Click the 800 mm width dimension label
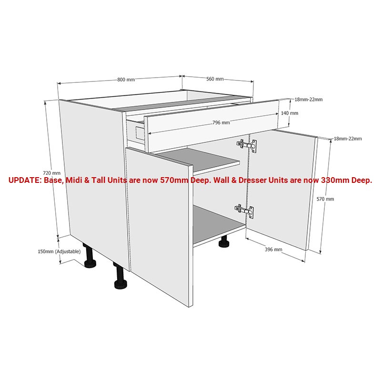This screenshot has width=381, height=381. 126,80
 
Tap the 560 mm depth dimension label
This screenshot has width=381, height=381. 215,79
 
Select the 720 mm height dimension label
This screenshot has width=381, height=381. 51,173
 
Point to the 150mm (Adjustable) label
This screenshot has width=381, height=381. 59,251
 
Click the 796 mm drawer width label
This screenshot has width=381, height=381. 221,122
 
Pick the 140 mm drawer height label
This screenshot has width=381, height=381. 290,113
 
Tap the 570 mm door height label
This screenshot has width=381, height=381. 325,199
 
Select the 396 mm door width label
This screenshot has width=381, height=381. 273,249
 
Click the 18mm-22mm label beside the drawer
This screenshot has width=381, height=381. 309,100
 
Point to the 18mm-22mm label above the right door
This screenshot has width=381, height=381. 348,139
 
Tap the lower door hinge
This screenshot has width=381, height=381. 244,211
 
